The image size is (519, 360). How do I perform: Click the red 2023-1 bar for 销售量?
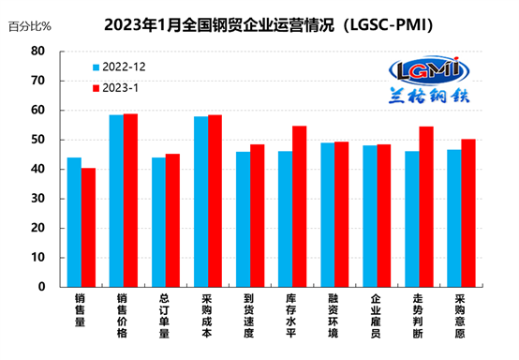tap(88, 227)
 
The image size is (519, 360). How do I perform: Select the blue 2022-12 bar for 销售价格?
tap(116, 201)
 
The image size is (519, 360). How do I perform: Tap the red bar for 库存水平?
tap(299, 206)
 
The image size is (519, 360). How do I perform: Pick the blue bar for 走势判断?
tap(412, 219)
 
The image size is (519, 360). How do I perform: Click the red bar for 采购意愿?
tap(468, 213)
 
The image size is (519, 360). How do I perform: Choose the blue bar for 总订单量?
tap(158, 222)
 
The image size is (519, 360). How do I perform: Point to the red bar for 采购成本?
tap(215, 201)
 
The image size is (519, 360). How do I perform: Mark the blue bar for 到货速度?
tap(243, 219)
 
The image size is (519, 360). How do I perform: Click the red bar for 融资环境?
tap(342, 215)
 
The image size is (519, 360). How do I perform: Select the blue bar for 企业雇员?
tap(370, 216)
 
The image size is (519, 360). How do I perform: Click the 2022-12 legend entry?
tap(119, 67)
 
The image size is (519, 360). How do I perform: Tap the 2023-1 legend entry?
tap(115, 88)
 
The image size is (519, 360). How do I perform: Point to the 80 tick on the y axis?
tap(37, 52)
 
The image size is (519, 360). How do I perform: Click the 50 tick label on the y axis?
tap(37, 140)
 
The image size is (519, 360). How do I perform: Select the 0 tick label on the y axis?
tap(41, 287)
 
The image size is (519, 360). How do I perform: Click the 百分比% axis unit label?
tap(29, 26)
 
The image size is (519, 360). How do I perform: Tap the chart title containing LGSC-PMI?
tap(269, 24)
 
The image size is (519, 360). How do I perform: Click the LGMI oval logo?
tap(429, 70)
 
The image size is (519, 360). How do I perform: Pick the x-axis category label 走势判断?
tap(418, 316)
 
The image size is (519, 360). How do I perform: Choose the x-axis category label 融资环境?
tap(333, 316)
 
